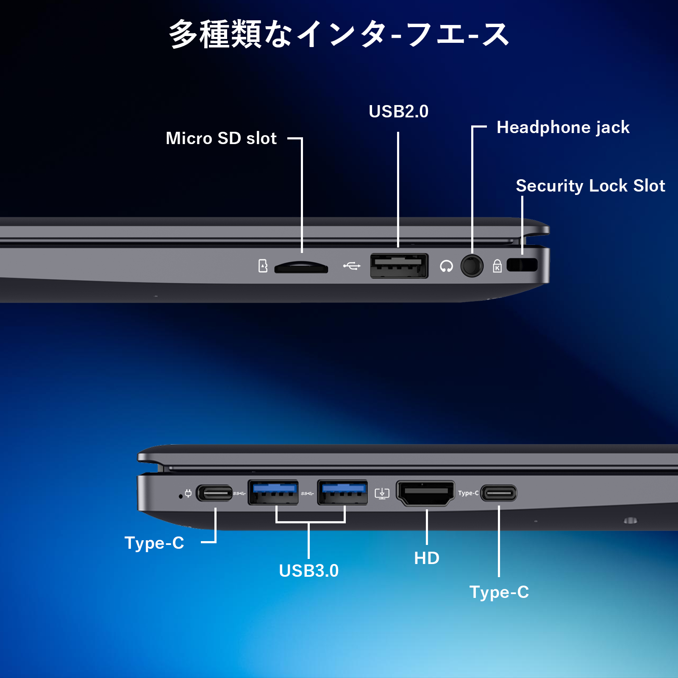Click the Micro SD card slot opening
point(301,268)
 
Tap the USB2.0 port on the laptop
point(399,266)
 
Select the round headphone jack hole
point(472,266)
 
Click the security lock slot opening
point(522,265)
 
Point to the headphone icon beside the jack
point(446,266)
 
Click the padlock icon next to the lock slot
point(497,266)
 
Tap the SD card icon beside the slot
point(263,266)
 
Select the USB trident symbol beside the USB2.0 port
point(352,266)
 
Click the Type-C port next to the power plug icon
point(214,493)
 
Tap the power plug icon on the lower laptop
point(188,493)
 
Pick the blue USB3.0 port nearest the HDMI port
point(342,492)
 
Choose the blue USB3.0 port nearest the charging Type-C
point(273,492)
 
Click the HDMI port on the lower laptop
point(425,493)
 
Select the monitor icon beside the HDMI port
point(382,493)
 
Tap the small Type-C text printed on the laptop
point(468,493)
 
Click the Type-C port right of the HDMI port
point(499,493)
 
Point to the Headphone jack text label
point(563,128)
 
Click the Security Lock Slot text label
point(590,186)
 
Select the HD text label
point(427,558)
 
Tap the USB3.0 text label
point(309,571)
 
